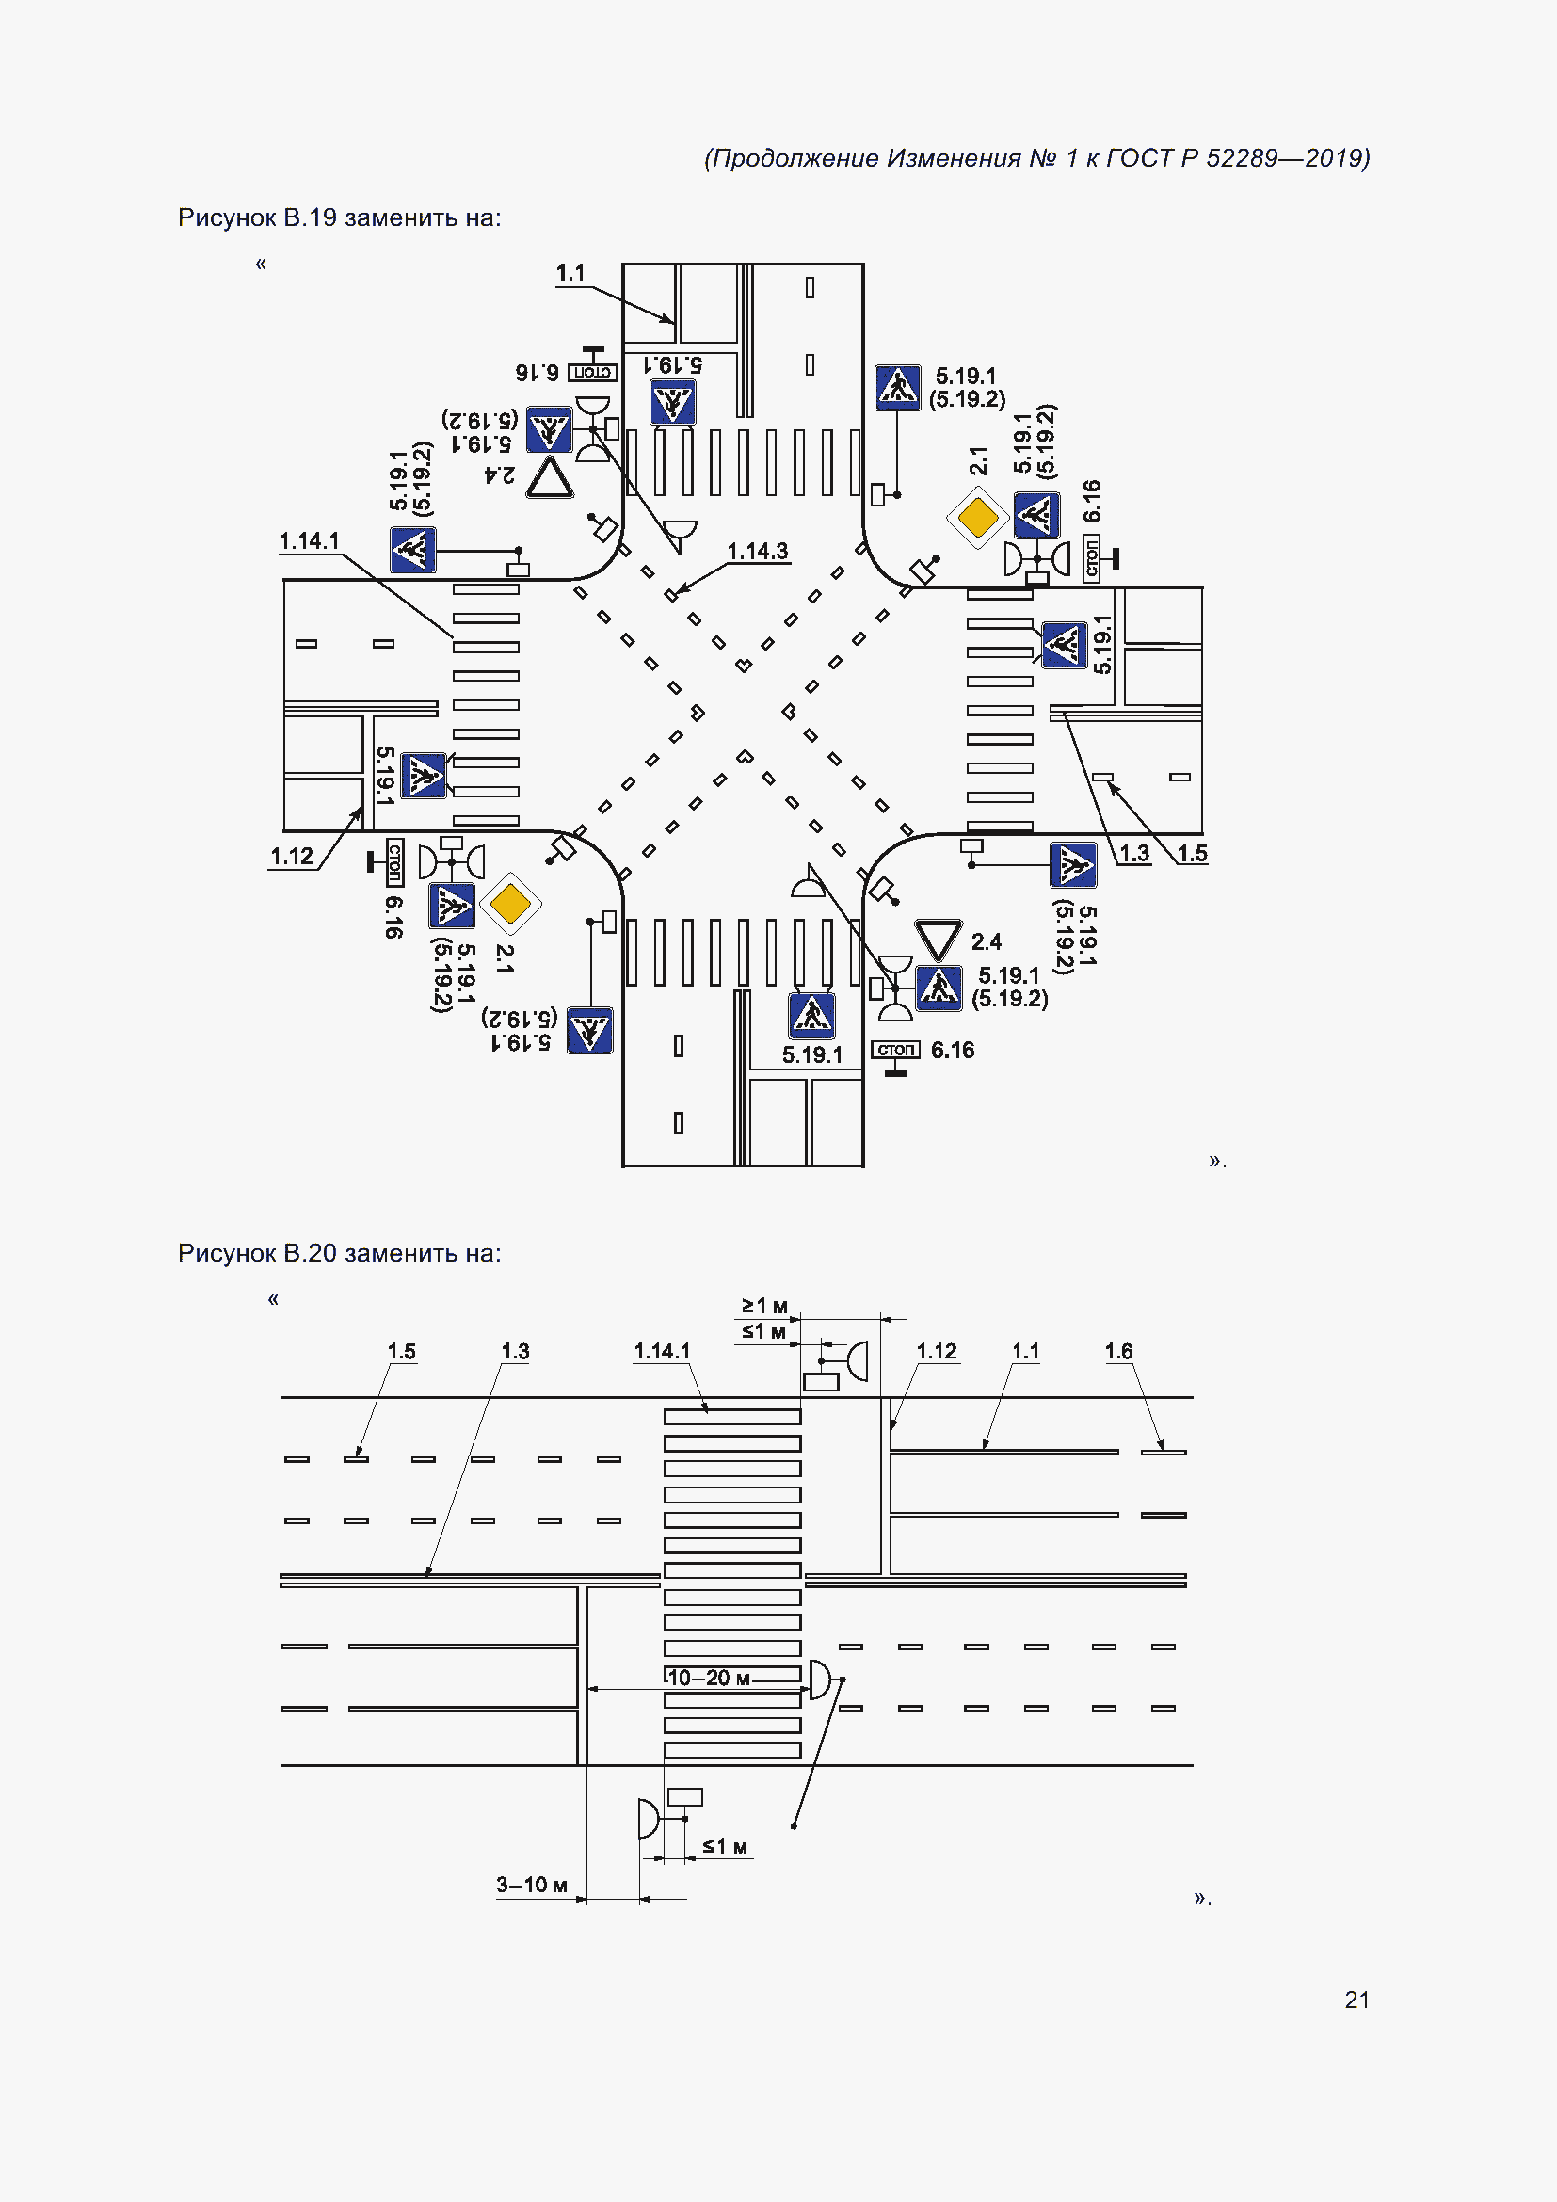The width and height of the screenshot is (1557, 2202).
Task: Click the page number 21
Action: pos(1356,2000)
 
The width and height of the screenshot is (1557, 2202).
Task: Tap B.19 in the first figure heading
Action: pos(310,217)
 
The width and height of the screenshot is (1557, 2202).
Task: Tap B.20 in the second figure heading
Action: pos(310,1253)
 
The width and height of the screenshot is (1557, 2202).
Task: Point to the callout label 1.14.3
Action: pos(758,552)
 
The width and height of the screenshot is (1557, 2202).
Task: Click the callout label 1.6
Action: pos(1118,1351)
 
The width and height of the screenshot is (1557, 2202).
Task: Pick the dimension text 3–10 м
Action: pos(531,1885)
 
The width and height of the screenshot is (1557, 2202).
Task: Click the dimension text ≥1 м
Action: pos(764,1305)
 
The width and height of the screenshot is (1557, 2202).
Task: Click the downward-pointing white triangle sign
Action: pos(938,939)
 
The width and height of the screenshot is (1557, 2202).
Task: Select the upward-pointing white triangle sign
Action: pos(551,477)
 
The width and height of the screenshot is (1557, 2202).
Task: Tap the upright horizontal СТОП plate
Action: pos(895,1051)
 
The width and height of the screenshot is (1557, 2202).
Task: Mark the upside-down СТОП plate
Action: pos(592,372)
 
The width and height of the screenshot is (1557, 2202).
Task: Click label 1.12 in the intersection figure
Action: pos(292,857)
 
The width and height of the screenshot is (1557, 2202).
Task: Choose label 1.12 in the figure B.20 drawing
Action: pos(936,1351)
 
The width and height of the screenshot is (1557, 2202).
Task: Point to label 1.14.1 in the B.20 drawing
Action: pos(662,1351)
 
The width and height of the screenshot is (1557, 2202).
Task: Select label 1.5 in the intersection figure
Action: pos(1192,854)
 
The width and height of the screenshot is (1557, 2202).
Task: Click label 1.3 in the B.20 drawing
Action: pos(515,1351)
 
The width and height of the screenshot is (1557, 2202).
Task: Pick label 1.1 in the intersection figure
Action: pos(570,273)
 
